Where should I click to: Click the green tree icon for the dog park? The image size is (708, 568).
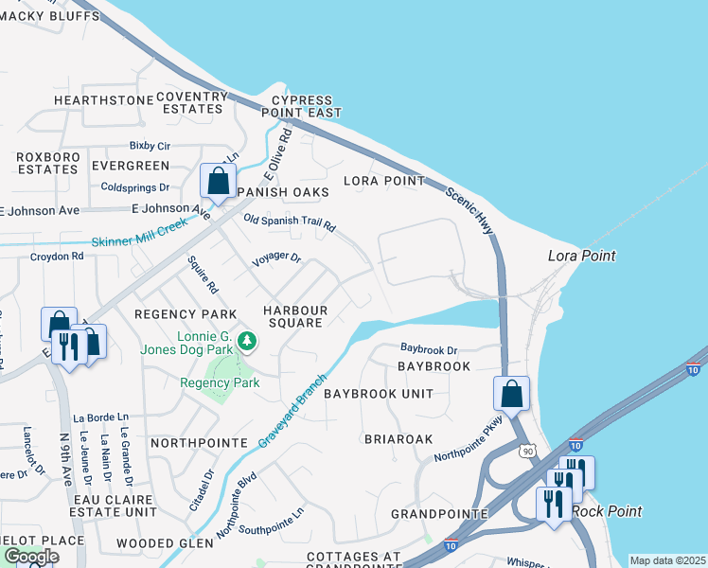246,339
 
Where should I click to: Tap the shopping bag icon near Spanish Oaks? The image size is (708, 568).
218,181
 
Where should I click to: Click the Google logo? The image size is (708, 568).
31,557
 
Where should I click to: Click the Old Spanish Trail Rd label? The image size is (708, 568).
290,222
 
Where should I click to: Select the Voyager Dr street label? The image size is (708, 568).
275,257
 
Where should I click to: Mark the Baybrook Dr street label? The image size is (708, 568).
428,348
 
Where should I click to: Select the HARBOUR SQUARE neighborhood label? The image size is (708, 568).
295,316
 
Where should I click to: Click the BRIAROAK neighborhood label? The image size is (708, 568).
398,439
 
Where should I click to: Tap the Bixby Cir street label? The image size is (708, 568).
150,147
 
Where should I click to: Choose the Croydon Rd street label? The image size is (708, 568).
57,256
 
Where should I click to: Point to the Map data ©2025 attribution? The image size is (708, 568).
667,560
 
